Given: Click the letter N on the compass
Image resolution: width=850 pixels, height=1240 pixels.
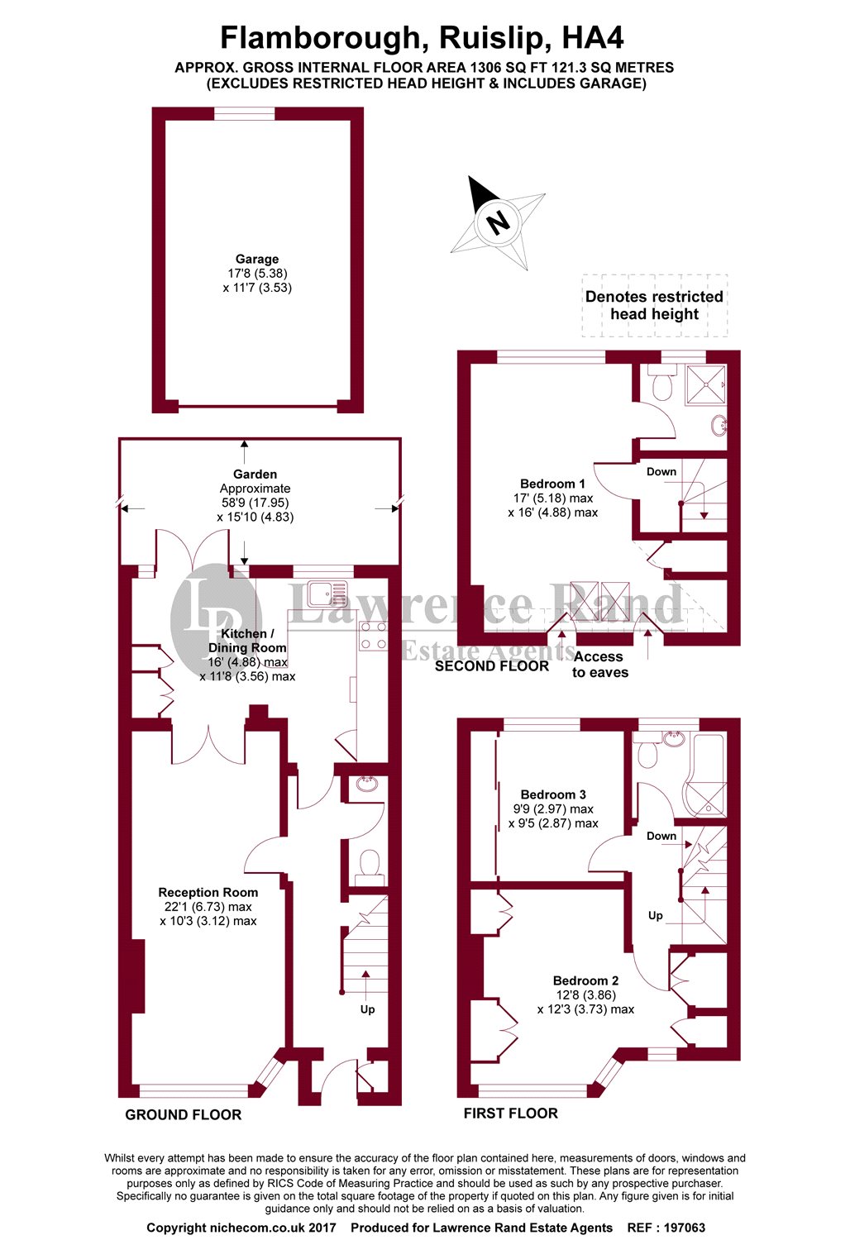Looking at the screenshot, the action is tap(497, 222).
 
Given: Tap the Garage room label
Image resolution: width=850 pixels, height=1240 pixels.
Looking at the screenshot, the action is tap(256, 260).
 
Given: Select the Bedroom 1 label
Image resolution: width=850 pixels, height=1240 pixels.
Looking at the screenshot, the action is tap(552, 484).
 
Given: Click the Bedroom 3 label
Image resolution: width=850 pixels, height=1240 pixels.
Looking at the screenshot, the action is tap(553, 794).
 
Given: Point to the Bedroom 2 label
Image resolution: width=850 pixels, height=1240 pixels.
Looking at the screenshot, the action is tap(585, 980).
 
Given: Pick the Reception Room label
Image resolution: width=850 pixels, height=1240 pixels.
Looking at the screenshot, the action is tap(208, 892).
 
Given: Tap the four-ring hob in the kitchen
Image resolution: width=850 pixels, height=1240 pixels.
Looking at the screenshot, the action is tap(373, 635).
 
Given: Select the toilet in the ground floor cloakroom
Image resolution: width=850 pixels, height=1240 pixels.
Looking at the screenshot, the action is tap(369, 866).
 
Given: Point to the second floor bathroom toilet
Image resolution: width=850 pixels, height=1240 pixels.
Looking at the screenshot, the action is tap(661, 384).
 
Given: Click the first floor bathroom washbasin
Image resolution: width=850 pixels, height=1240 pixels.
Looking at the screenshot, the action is tap(674, 738).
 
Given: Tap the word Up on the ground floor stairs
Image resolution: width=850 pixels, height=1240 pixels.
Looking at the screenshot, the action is tap(367, 1009).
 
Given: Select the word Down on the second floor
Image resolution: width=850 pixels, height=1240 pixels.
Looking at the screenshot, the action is tap(661, 472).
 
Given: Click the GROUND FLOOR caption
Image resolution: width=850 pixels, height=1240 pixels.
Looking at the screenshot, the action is tap(183, 1114).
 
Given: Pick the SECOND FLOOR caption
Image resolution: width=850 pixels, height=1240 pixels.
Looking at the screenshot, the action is tap(491, 665).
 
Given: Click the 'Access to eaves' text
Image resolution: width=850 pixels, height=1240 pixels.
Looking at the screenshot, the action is tap(599, 664).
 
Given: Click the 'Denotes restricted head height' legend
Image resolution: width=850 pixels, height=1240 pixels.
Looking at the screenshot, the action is tap(654, 305).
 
